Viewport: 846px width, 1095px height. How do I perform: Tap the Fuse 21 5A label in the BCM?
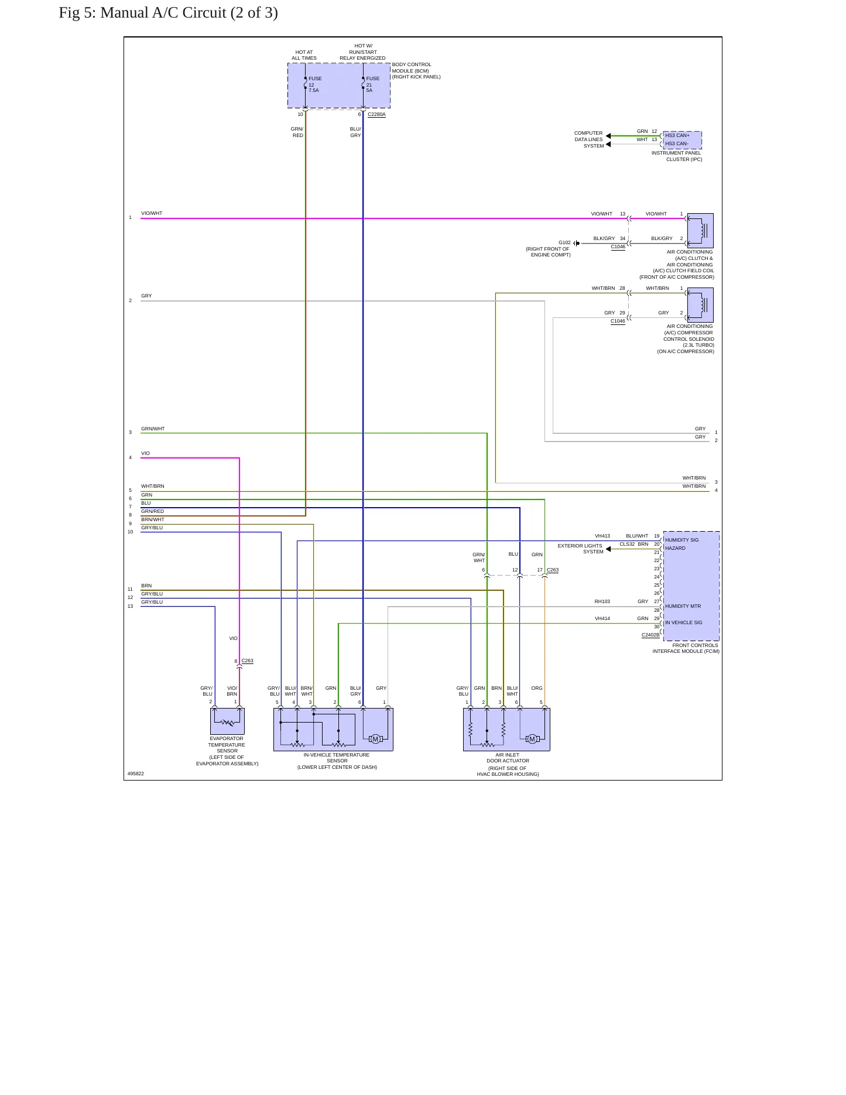373,84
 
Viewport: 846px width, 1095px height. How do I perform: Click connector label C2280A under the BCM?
376,115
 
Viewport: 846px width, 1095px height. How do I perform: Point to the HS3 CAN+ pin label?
677,135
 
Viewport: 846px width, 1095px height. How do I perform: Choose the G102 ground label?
564,242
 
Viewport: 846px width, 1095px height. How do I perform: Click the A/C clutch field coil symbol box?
700,231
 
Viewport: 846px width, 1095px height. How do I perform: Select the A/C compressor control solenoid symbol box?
700,305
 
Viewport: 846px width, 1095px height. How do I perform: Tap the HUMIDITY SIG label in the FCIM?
681,540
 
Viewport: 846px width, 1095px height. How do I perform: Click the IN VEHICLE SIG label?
683,622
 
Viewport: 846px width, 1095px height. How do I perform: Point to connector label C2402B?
650,635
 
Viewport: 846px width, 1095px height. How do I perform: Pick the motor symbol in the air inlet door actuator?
532,739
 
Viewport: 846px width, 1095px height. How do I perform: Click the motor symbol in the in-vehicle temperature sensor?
375,739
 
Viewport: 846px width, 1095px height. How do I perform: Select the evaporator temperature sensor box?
227,721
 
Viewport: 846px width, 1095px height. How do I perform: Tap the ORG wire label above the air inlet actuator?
537,688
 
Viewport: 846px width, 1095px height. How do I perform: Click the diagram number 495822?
136,774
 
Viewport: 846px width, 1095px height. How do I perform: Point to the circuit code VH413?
602,536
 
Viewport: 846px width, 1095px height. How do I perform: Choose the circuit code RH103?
602,601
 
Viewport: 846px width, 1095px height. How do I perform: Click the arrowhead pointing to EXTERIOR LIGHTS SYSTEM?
608,549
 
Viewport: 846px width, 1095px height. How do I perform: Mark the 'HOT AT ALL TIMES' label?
304,55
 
